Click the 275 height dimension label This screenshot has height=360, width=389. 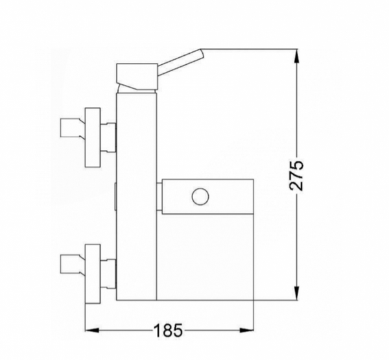pos(296,176)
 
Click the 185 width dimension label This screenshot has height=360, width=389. pos(169,330)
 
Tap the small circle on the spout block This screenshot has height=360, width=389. pos(200,197)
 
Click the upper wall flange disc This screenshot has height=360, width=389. pos(93,138)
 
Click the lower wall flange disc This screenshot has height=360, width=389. pos(93,274)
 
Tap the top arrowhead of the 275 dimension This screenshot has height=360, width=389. pos(297,56)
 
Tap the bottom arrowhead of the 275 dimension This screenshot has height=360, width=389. pos(297,293)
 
